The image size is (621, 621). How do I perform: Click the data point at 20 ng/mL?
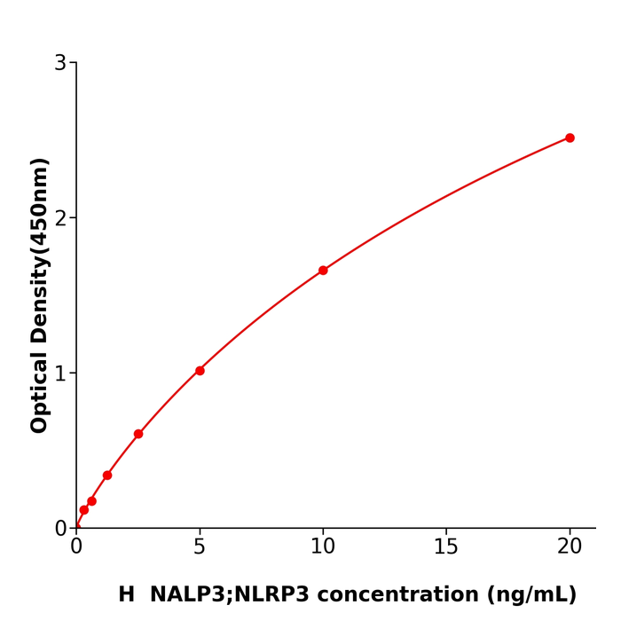point(570,138)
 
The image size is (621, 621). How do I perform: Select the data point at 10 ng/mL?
point(323,271)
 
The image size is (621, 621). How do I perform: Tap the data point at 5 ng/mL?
point(200,371)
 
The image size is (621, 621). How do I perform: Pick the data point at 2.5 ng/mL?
point(138,434)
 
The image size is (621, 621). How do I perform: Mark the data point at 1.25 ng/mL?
point(107,476)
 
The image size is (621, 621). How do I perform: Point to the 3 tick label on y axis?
point(60,63)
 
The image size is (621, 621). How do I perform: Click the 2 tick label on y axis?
point(60,218)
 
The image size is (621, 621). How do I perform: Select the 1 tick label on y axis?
point(60,373)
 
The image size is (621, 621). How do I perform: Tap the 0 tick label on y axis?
point(60,529)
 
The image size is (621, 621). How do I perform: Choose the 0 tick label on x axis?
point(76,547)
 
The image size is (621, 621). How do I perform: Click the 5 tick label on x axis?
point(200,547)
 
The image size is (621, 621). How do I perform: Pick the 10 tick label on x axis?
point(323,547)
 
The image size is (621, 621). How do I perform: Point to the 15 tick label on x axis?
point(446,547)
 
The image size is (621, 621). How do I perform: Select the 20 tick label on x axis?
point(570,547)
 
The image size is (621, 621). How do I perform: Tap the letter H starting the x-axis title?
point(127,595)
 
